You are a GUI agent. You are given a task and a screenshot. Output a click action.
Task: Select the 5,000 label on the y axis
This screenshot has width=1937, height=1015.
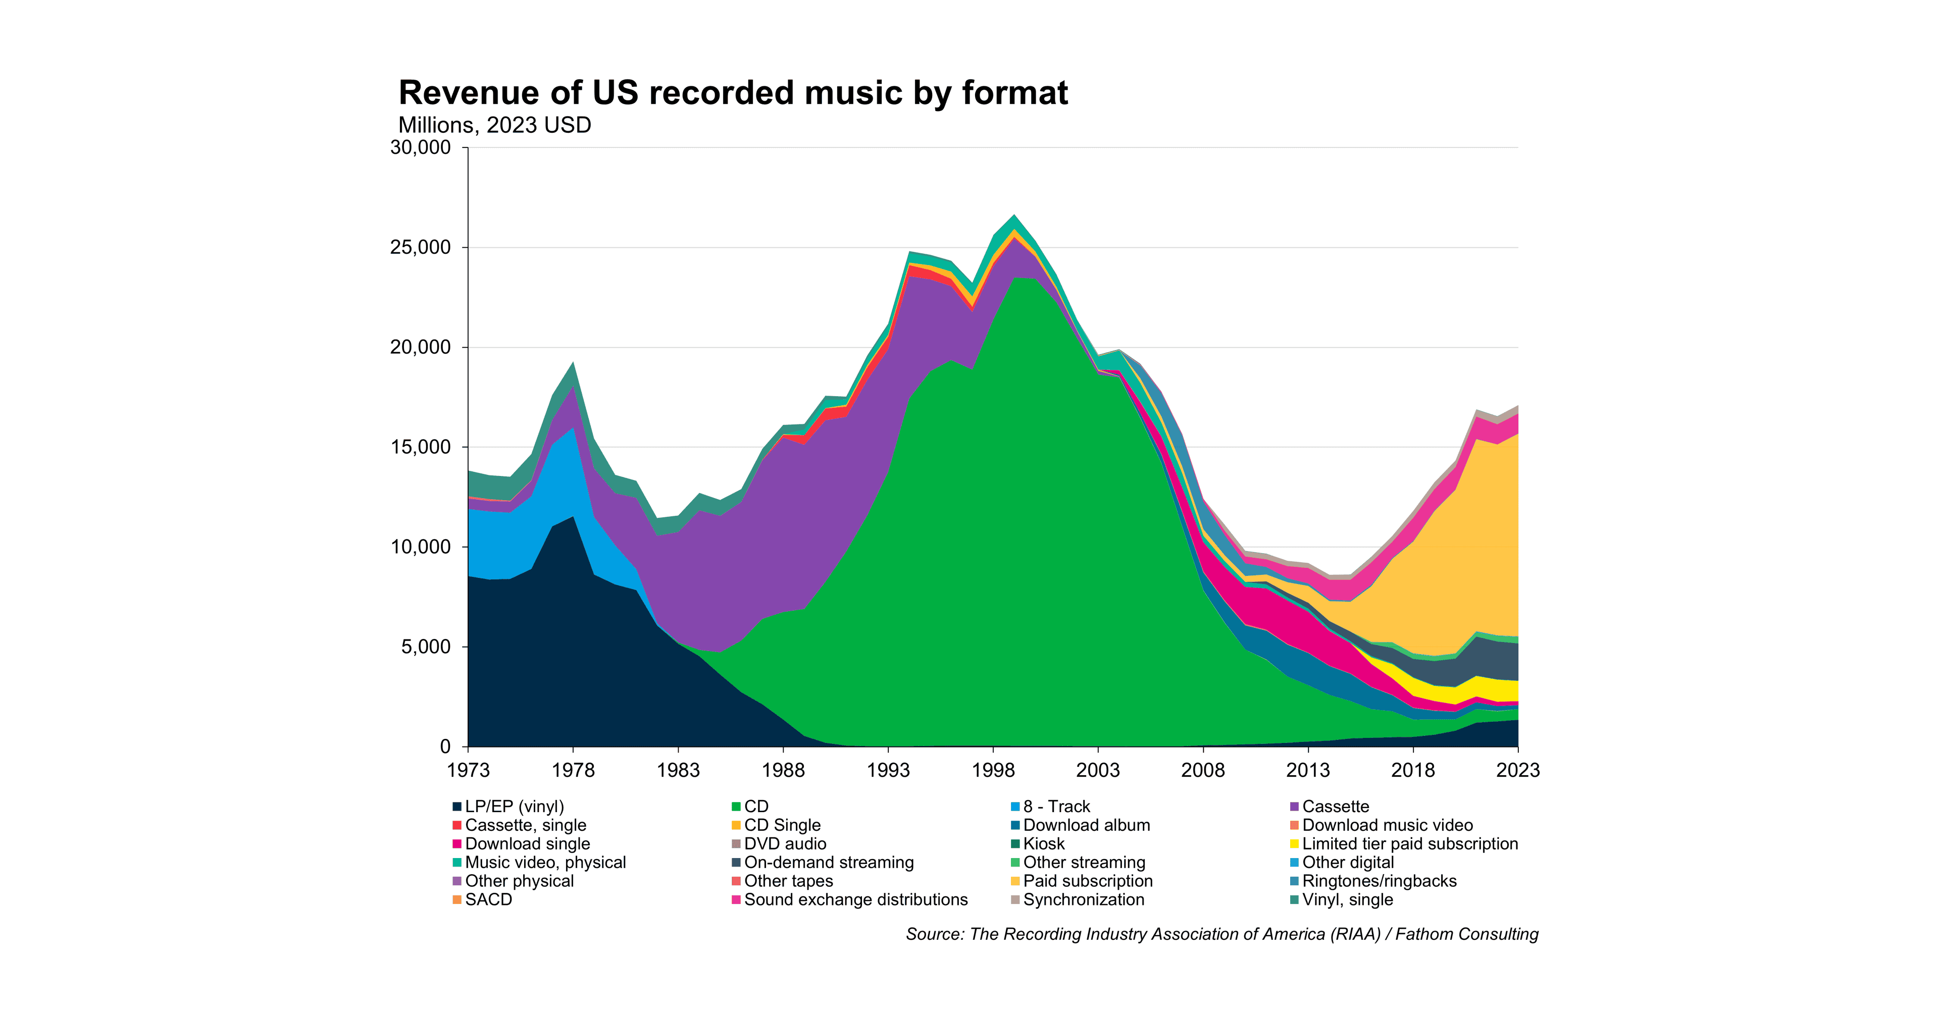coord(426,647)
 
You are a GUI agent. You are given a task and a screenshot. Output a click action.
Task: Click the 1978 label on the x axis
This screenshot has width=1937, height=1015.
coord(573,770)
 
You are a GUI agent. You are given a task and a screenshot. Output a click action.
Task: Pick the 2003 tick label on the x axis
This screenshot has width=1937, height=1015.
coord(1098,770)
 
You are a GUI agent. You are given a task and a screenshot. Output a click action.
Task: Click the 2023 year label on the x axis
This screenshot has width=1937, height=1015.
coord(1517,770)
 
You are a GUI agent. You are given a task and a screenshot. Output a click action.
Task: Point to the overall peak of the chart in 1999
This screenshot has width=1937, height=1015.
coord(1014,216)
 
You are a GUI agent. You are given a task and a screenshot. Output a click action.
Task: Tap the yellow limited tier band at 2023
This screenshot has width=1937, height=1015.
coord(1510,690)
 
